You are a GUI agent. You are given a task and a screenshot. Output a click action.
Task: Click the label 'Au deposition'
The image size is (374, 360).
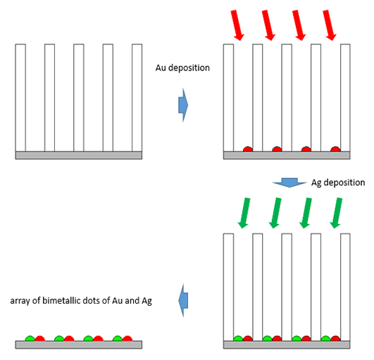(182, 68)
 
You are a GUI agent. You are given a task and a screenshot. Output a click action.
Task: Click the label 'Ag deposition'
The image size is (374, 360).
(338, 182)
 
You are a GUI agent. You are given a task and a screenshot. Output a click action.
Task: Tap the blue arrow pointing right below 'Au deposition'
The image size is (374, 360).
(183, 105)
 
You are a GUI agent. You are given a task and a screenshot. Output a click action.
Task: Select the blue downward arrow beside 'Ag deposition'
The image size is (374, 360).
(289, 182)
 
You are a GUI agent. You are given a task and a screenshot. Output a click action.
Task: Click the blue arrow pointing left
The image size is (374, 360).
(183, 300)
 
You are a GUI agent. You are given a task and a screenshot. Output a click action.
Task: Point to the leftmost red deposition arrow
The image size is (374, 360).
(237, 25)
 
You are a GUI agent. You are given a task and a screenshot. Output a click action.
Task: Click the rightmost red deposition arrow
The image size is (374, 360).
(330, 25)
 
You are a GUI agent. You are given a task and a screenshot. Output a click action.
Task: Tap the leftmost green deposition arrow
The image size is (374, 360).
(244, 213)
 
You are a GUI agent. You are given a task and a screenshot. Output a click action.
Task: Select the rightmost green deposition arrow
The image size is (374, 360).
(336, 213)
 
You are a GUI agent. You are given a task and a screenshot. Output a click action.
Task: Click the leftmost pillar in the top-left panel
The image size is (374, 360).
(20, 98)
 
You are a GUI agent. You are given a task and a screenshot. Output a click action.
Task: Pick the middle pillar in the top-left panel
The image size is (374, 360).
(79, 98)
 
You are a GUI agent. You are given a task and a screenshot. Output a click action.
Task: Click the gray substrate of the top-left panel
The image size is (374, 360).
(79, 155)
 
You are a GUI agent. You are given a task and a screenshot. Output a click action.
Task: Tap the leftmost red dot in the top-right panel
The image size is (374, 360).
(248, 149)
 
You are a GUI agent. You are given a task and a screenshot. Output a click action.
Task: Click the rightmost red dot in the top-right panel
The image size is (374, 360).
(335, 149)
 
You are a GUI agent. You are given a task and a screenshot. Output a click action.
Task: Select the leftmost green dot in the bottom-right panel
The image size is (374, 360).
(238, 339)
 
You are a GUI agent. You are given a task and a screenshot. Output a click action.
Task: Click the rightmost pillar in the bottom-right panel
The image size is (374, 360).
(345, 287)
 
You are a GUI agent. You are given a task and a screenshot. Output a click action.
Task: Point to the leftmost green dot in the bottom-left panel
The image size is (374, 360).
(30, 339)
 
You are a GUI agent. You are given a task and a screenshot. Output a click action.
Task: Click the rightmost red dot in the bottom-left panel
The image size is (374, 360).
(127, 339)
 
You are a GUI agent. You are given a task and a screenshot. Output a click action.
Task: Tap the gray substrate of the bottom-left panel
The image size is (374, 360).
(79, 345)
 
